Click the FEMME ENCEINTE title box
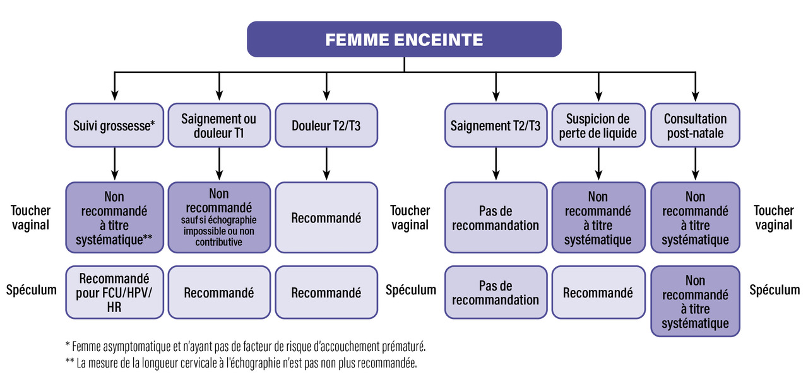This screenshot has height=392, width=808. point(404,39)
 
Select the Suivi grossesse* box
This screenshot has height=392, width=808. point(115,125)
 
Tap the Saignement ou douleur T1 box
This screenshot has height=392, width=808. point(219,125)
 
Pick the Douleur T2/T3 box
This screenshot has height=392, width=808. point(326,125)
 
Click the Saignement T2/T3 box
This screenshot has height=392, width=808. point(496,125)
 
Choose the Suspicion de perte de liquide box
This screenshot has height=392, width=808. point(598,125)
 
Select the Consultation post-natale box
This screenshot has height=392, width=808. point(696,125)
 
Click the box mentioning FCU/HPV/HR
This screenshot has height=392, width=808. point(115,292)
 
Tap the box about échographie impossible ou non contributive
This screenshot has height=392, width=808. point(219,217)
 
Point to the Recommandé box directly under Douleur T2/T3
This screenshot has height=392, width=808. point(326,217)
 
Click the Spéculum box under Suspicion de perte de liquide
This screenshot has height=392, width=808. point(598,292)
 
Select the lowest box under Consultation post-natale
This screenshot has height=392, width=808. point(696,301)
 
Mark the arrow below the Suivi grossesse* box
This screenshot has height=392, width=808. point(115,164)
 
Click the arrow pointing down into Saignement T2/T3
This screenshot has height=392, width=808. point(496,86)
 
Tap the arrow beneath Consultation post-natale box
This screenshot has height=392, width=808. point(696,164)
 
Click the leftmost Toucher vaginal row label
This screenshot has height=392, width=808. point(31,217)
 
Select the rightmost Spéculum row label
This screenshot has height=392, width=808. point(775,290)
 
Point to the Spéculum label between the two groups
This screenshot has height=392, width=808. point(411,290)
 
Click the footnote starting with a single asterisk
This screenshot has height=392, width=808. point(246,347)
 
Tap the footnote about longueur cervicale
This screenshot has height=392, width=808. point(241,363)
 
